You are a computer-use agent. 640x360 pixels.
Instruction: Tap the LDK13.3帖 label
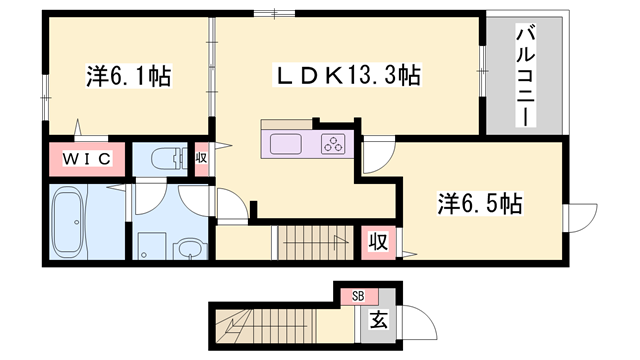pos(347,75)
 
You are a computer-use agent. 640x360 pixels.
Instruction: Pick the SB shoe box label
pos(358,295)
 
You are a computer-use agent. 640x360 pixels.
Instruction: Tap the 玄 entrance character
pos(379,320)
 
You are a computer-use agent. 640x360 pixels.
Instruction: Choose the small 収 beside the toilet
pos(201,157)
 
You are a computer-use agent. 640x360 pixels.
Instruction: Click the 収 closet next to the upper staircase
pos(378,241)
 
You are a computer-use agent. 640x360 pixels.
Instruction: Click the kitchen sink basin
pos(287,143)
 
